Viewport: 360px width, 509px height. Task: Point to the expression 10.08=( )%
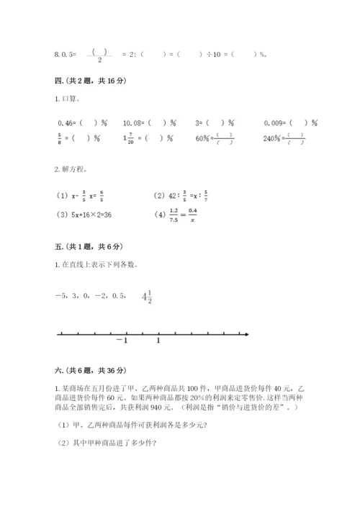tap(150, 123)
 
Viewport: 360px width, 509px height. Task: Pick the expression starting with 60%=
tap(214, 139)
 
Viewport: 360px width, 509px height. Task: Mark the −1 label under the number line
tap(122, 342)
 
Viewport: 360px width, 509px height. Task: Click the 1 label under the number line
tap(158, 342)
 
